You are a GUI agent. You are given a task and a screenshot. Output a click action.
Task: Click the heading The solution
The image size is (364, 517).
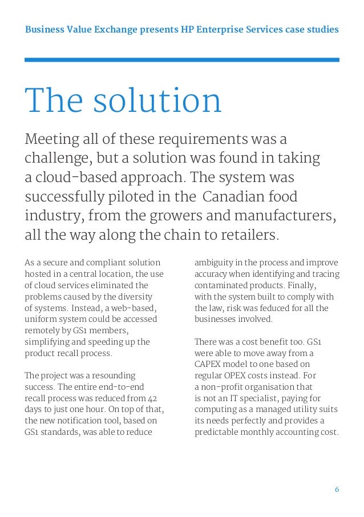point(123,100)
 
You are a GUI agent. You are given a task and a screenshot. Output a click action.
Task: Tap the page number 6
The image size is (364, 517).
point(337,490)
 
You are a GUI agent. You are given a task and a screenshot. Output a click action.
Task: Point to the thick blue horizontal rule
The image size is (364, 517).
point(182,59)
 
